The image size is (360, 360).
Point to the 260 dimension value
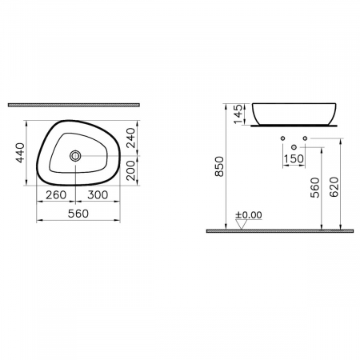(x=56, y=194)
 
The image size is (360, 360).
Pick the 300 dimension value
(x=98, y=194)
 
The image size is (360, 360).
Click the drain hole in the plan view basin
(x=77, y=156)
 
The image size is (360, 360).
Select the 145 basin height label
(x=236, y=113)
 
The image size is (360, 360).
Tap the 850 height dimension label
(x=222, y=169)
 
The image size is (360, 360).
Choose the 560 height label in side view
(x=315, y=186)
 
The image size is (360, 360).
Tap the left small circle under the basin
(x=284, y=139)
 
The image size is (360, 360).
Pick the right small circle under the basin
(x=306, y=139)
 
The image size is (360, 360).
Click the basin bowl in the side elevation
(x=295, y=112)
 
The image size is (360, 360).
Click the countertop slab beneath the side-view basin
(x=295, y=126)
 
